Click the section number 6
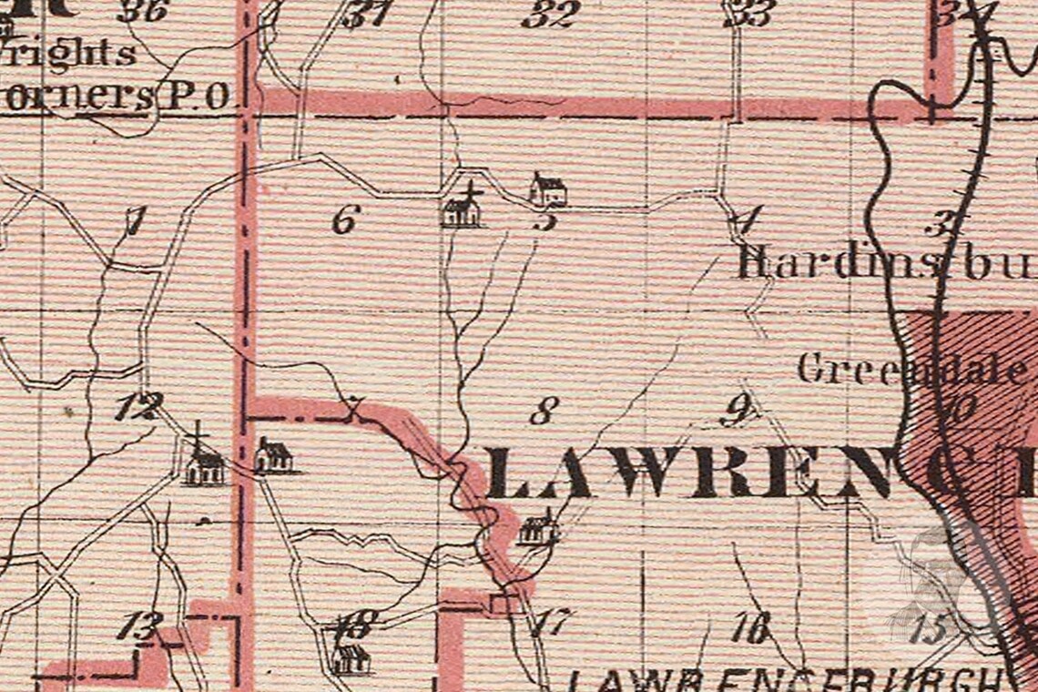(x=346, y=219)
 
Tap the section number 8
(x=543, y=412)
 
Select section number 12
(x=139, y=406)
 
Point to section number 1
(x=135, y=220)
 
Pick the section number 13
(x=141, y=626)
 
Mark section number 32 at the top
(x=552, y=14)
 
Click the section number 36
(x=143, y=11)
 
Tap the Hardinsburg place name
(x=883, y=263)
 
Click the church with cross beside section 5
(x=462, y=209)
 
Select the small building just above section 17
(x=537, y=528)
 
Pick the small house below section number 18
(x=351, y=657)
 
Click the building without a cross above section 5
(x=548, y=189)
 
